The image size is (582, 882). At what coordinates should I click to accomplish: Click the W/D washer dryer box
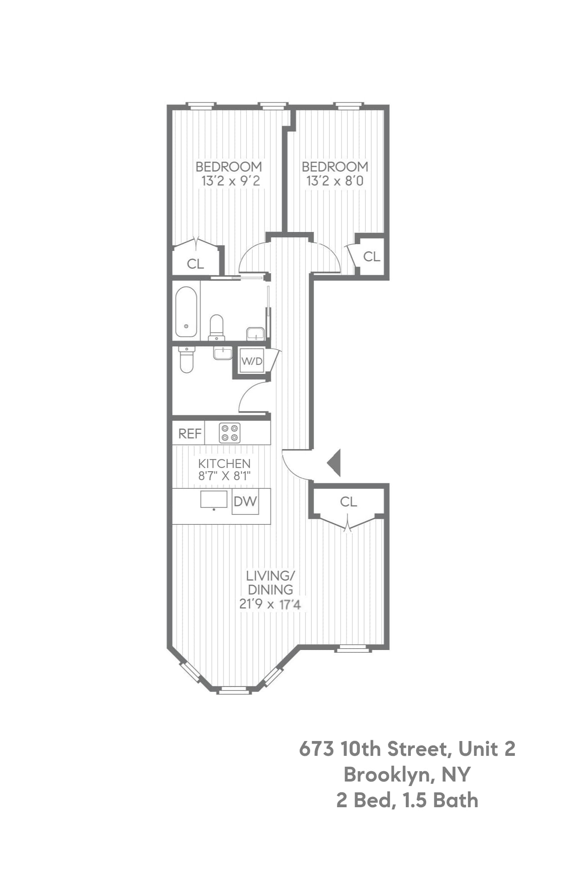(251, 361)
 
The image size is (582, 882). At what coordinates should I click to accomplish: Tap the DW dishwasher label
(246, 501)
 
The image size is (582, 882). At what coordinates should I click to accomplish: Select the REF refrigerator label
(190, 433)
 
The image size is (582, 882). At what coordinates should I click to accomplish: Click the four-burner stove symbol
(229, 433)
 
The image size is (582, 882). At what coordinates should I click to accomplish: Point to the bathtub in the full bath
(186, 312)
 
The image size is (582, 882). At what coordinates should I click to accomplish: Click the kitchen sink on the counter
(214, 500)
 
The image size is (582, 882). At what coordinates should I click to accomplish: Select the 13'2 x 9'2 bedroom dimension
(230, 181)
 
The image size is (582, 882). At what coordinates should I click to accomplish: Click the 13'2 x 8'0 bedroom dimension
(335, 181)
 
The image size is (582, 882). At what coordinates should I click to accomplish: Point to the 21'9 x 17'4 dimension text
(270, 604)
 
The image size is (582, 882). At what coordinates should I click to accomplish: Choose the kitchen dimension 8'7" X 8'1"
(224, 476)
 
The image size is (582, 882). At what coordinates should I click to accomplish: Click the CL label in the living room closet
(348, 501)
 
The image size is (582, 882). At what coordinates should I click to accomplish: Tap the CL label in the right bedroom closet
(372, 257)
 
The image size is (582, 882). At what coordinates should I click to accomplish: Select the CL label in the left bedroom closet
(195, 264)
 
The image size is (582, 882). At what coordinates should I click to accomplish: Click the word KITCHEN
(224, 463)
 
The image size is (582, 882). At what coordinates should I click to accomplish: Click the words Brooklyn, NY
(407, 774)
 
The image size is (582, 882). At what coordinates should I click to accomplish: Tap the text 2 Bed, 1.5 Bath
(407, 800)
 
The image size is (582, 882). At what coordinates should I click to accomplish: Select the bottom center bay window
(233, 690)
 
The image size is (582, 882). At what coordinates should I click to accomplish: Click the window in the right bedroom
(349, 106)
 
